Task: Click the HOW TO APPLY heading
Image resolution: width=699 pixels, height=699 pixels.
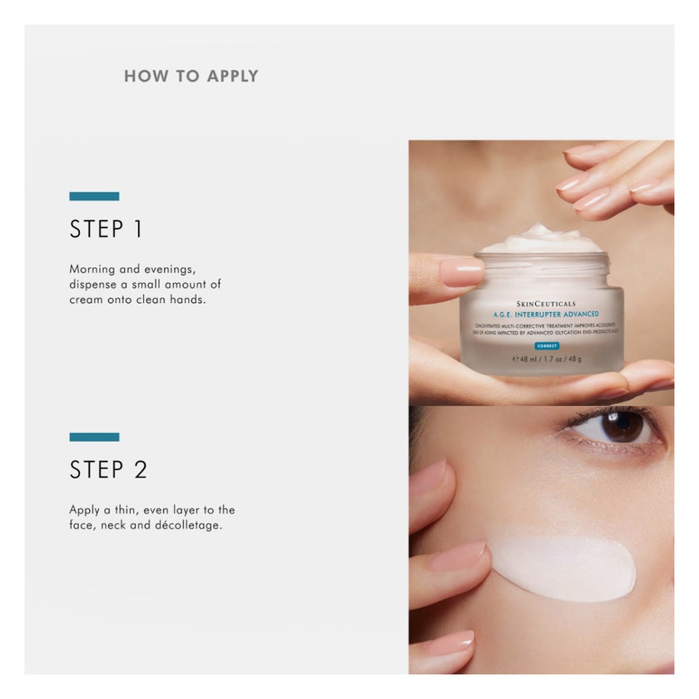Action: pyautogui.click(x=191, y=77)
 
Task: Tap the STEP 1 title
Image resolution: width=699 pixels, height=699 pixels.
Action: pyautogui.click(x=106, y=230)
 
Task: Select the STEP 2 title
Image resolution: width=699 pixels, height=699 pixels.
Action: pyautogui.click(x=108, y=470)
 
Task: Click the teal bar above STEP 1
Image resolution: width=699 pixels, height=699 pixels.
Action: pyautogui.click(x=94, y=196)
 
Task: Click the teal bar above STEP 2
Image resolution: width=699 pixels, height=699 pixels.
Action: pyautogui.click(x=94, y=437)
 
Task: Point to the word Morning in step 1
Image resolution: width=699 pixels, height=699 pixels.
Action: pyautogui.click(x=93, y=270)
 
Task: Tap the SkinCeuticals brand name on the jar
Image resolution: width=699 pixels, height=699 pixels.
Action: pyautogui.click(x=546, y=304)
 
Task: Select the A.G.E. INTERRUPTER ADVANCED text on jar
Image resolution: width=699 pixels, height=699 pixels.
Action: pyautogui.click(x=546, y=315)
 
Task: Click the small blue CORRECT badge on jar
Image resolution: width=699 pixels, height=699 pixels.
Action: pyautogui.click(x=546, y=345)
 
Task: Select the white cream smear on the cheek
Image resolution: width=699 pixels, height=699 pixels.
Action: pyautogui.click(x=566, y=568)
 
